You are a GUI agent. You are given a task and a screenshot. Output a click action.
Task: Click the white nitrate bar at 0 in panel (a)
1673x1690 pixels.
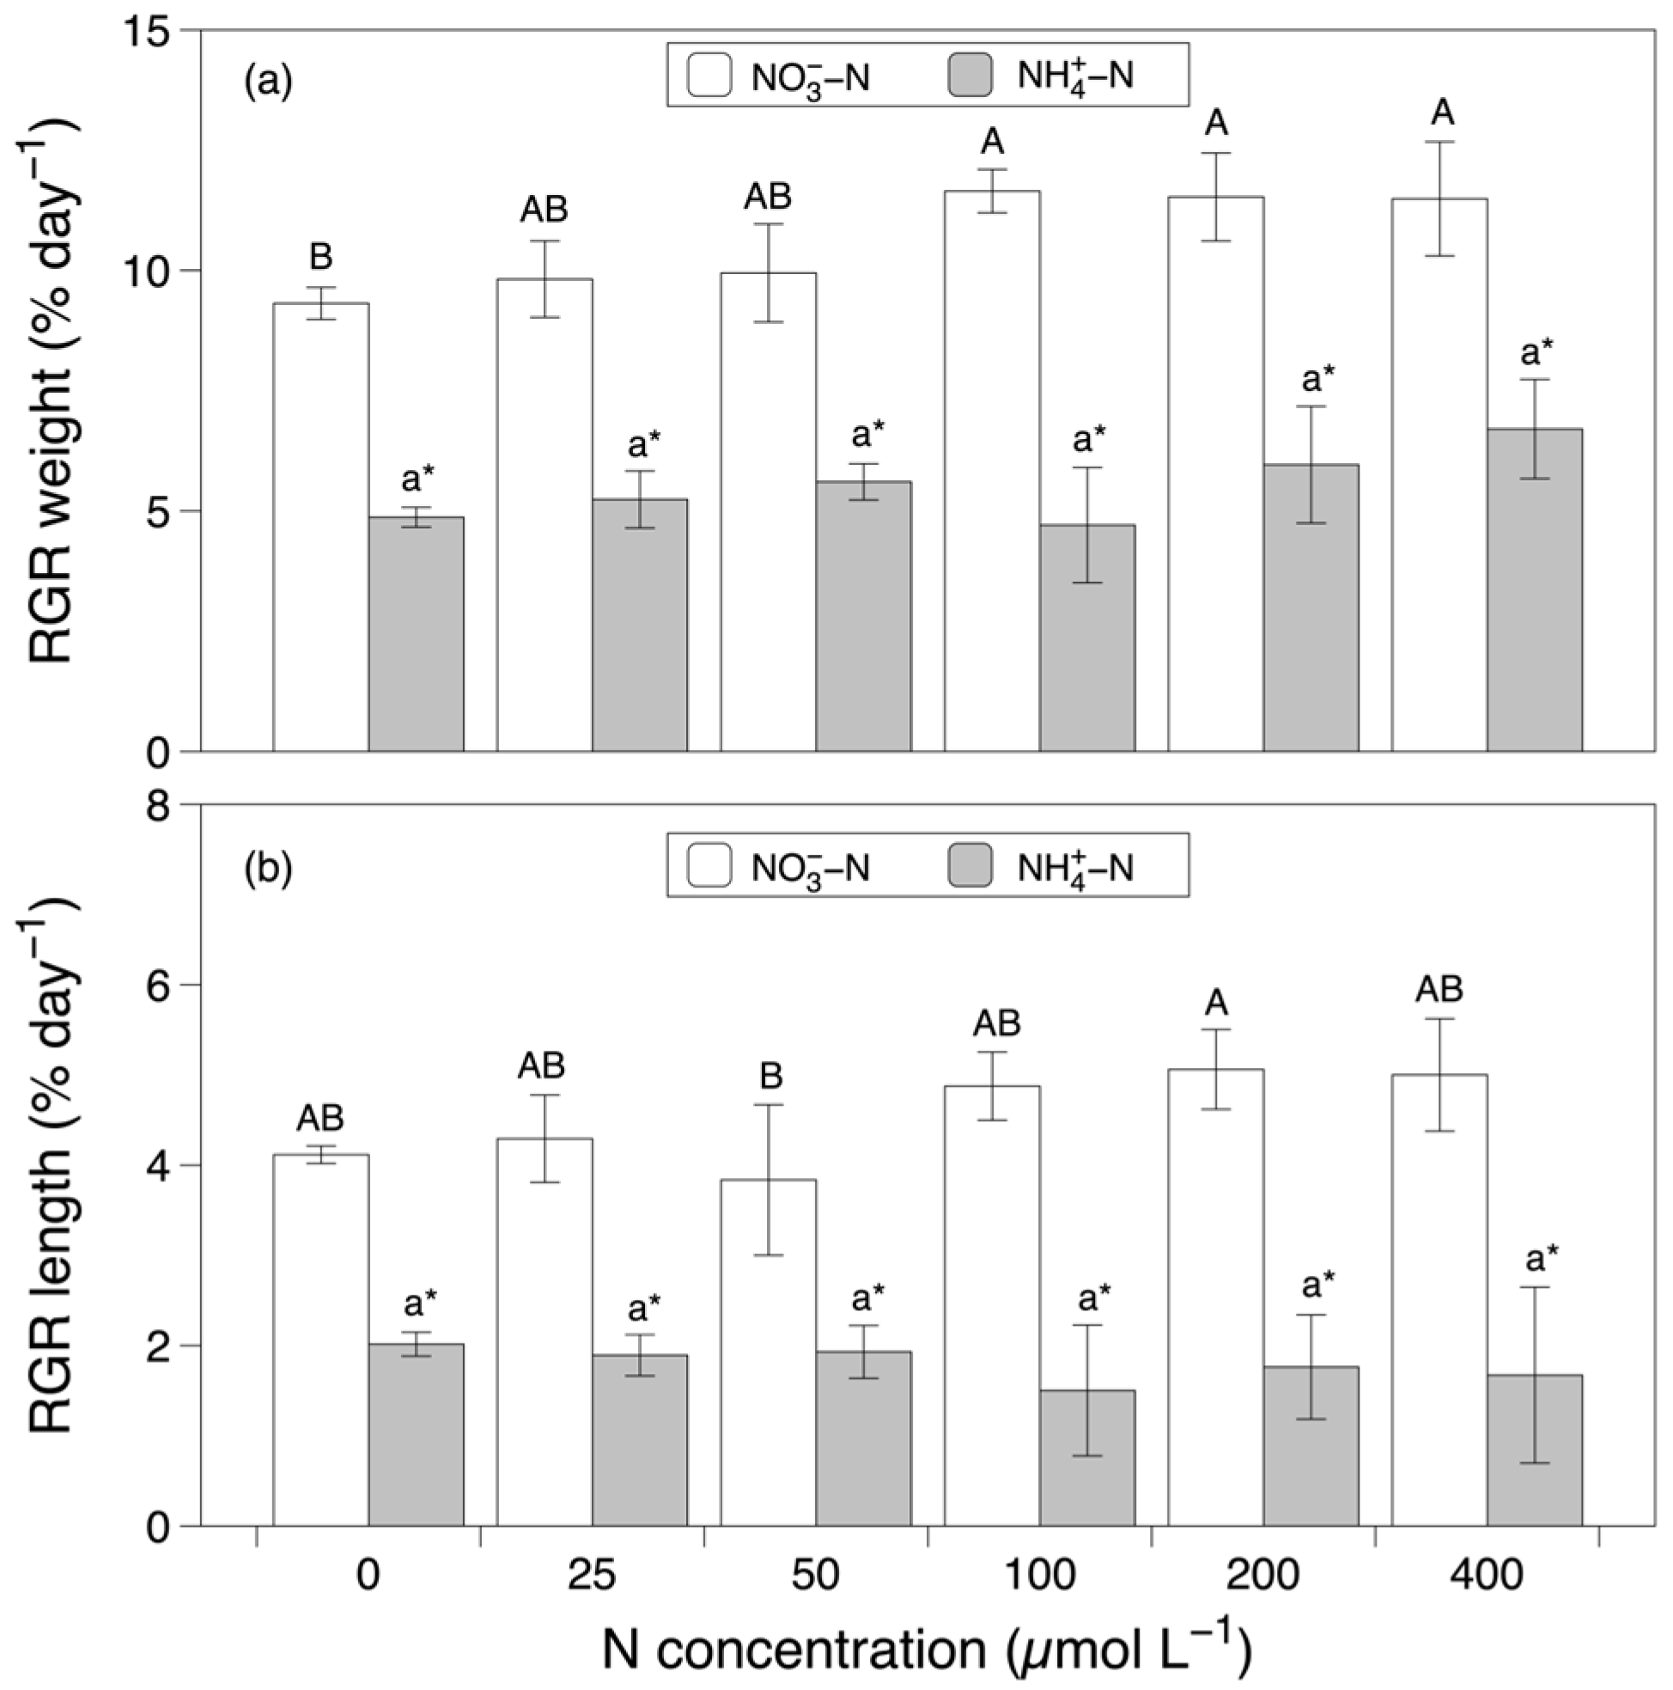[321, 527]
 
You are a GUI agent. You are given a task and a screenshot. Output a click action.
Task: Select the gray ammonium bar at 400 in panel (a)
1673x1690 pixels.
[1534, 589]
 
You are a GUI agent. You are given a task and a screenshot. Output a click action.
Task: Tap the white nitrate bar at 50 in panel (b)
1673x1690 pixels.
[768, 1352]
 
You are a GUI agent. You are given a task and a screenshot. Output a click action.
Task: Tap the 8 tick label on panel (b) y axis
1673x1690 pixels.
[159, 806]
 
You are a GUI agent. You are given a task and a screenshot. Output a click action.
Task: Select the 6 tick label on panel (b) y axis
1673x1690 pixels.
[159, 985]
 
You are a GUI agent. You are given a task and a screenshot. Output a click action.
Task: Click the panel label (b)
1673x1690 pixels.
[268, 868]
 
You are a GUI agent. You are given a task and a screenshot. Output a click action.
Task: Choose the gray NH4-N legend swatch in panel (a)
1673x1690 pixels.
[970, 76]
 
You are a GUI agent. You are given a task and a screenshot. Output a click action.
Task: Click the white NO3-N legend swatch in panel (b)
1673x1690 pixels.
[709, 866]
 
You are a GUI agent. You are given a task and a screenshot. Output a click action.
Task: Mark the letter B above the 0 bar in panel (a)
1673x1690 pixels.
[321, 257]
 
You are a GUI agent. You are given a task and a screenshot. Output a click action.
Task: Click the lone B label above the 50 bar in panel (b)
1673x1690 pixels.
[770, 1077]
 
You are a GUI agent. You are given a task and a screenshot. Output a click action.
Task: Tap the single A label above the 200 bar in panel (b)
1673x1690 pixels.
[1215, 1004]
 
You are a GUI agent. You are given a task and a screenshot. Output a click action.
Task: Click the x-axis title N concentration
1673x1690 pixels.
[927, 1650]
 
